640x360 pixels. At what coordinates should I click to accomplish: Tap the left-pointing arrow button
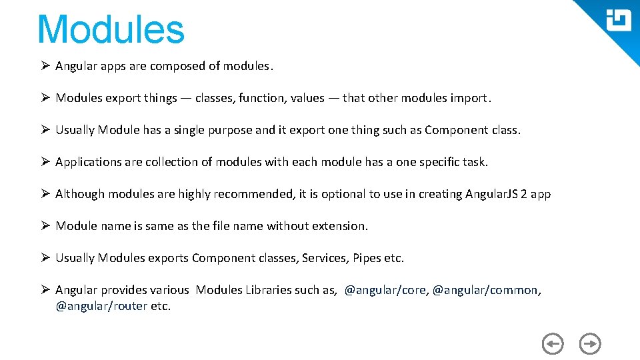tap(552, 344)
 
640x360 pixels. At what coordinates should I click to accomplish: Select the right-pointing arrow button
tap(590, 344)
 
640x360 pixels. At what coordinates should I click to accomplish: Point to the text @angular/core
tap(385, 290)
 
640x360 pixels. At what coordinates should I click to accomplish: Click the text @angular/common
tap(485, 290)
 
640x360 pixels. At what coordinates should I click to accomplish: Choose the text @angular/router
tap(101, 306)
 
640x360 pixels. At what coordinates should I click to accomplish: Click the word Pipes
tap(367, 258)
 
